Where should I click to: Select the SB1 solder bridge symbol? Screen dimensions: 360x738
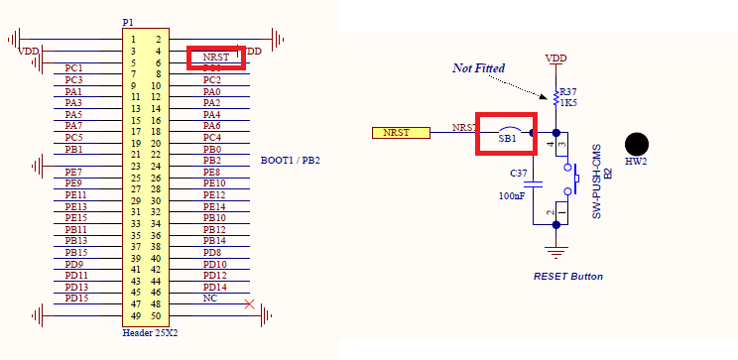click(x=508, y=133)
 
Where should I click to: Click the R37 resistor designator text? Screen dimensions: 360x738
click(x=568, y=91)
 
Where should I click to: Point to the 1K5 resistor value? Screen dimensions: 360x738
click(x=568, y=103)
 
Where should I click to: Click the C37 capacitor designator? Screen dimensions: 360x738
click(x=519, y=173)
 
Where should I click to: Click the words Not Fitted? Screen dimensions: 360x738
click(x=479, y=67)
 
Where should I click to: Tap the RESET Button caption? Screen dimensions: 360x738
click(x=567, y=276)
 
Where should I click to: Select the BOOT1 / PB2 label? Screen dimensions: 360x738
click(x=290, y=160)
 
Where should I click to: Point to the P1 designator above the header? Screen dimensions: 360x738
click(x=127, y=22)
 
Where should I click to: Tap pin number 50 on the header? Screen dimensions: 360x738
click(x=156, y=315)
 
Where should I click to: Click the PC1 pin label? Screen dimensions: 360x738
click(x=73, y=68)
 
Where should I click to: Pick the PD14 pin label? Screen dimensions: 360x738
click(x=215, y=287)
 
